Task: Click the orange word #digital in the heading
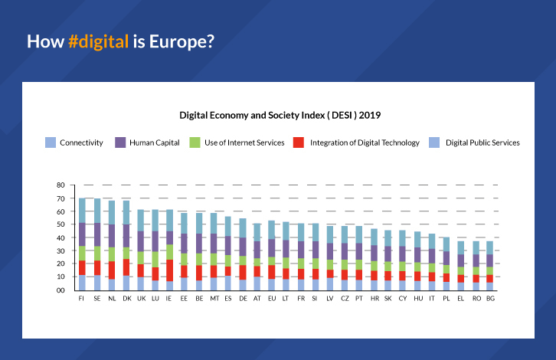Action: coord(97,41)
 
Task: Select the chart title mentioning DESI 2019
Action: coord(280,116)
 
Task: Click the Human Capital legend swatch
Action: coord(120,142)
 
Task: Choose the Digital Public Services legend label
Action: coord(482,142)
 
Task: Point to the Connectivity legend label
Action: coord(81,142)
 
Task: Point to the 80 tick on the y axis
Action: coord(61,185)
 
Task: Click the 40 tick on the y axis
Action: coord(61,238)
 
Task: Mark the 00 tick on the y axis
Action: coord(61,290)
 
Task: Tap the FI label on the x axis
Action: coord(81,299)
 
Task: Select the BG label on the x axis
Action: coord(489,299)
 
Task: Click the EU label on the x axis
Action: coord(271,299)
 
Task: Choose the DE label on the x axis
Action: coord(243,299)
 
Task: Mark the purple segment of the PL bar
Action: coord(446,257)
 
